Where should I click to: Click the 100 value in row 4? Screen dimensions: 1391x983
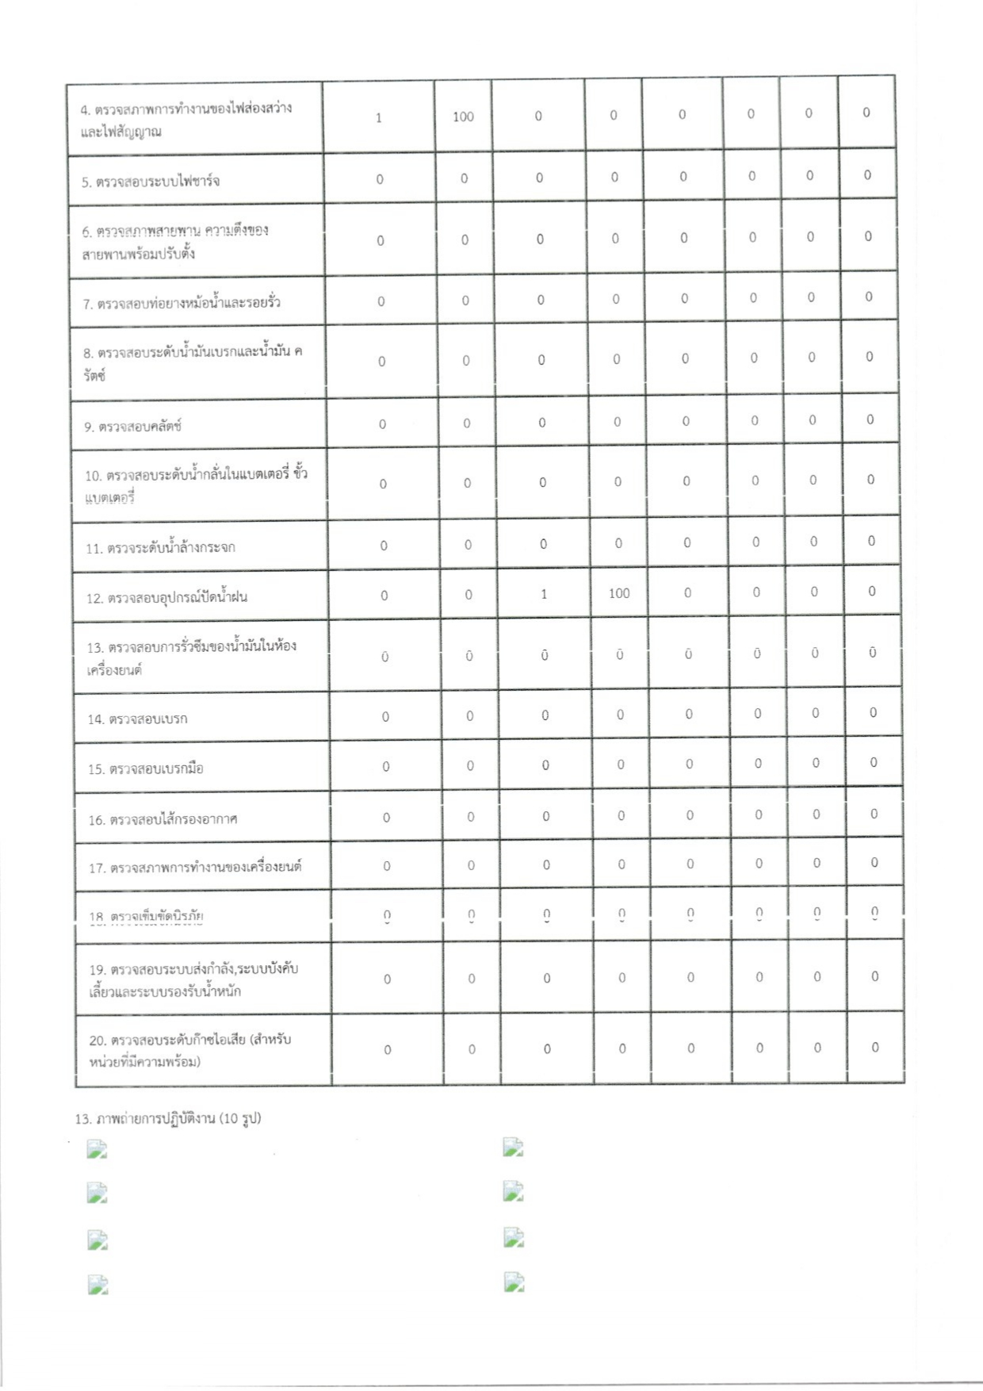pos(463,117)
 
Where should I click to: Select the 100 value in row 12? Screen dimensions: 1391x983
pos(619,593)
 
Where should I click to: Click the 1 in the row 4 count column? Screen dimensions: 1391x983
pos(379,117)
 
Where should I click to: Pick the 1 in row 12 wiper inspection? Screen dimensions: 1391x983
pos(544,594)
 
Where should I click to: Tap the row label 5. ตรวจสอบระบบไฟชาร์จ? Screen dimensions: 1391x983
pos(151,182)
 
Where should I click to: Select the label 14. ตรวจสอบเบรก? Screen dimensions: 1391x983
pos(138,719)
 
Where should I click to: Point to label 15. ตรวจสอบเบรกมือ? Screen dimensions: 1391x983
pos(146,768)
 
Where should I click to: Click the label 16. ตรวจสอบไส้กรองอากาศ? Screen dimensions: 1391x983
pos(163,819)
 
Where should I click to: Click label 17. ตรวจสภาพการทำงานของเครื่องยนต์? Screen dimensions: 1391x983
pos(196,868)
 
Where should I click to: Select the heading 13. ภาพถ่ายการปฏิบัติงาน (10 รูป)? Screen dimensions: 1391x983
pos(168,1119)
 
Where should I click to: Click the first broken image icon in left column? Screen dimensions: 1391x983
pos(97,1149)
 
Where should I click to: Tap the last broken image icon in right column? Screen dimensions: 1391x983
pos(514,1282)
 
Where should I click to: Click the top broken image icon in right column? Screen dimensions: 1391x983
pos(514,1147)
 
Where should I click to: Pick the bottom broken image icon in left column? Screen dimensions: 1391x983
pos(98,1285)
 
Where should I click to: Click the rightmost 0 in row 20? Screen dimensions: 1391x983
pos(875,1047)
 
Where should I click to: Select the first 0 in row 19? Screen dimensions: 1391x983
pos(388,979)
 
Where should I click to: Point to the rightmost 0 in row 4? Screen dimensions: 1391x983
pos(866,113)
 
